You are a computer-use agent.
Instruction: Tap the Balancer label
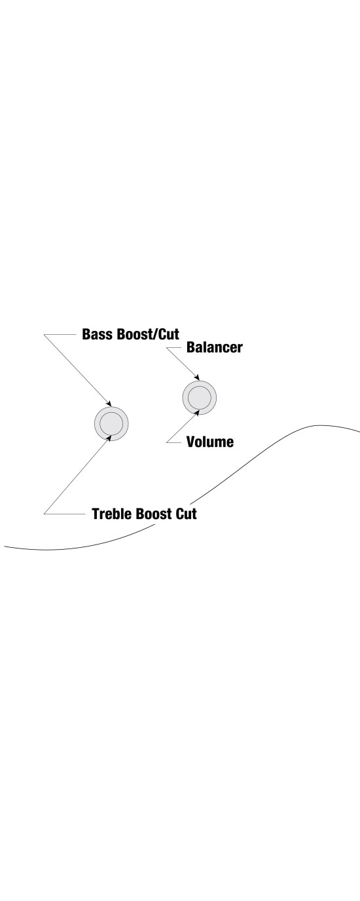215,347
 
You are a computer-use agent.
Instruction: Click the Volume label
210,442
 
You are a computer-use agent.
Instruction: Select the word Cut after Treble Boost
187,514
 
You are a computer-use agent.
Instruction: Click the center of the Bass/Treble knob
111,423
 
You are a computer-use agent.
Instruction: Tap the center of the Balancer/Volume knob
200,397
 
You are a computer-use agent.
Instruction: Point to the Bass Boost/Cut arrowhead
109,404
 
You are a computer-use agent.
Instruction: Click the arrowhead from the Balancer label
197,377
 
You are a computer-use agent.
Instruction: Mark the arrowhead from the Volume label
197,412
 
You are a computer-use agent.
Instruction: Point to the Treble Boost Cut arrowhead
109,438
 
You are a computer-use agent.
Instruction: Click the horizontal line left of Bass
60,335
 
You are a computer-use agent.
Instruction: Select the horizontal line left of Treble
64,514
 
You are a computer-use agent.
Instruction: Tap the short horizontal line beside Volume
174,442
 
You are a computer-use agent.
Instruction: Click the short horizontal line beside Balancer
174,348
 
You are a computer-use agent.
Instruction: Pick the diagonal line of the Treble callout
77,475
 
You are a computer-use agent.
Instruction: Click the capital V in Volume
191,442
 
